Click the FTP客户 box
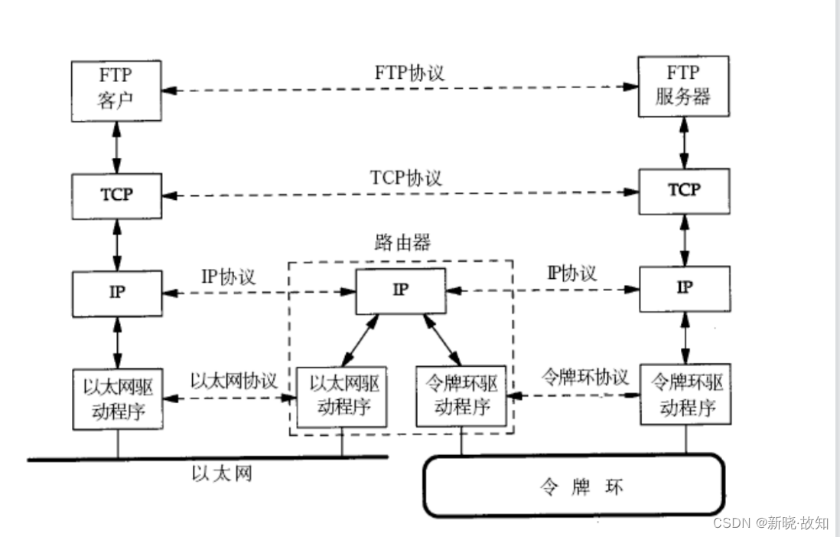[x=117, y=90]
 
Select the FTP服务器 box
[x=684, y=85]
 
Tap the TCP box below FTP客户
[x=117, y=195]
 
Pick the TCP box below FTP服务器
[x=684, y=190]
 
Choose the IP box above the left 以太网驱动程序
[x=117, y=293]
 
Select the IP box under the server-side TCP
[x=684, y=288]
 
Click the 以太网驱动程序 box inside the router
[x=342, y=397]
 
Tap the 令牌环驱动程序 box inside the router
[x=461, y=396]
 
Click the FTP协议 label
[x=409, y=73]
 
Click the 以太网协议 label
[x=233, y=381]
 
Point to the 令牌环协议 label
[x=584, y=377]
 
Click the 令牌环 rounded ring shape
[x=574, y=486]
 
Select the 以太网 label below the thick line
[x=221, y=474]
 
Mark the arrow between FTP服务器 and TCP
[x=684, y=142]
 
